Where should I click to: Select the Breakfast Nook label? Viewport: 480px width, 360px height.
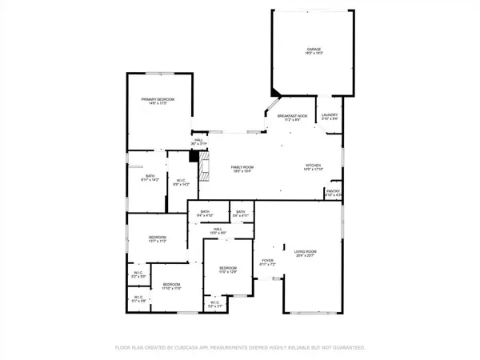(x=293, y=116)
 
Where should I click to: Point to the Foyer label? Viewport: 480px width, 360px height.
(x=268, y=261)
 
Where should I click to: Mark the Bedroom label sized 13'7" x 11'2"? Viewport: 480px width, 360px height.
(x=157, y=238)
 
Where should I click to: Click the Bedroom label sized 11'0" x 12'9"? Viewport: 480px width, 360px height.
(x=228, y=268)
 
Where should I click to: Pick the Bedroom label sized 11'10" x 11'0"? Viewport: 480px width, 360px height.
(x=172, y=285)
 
